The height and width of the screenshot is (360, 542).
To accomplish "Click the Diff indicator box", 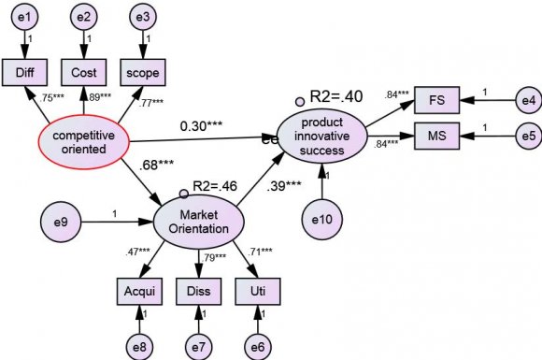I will coord(24,72).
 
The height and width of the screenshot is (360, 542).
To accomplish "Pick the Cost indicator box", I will coord(83,72).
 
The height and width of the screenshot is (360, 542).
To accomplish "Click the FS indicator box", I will coord(435,99).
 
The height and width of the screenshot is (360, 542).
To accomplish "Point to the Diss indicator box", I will coord(198,292).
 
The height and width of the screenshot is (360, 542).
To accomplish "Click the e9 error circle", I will coord(61,223).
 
